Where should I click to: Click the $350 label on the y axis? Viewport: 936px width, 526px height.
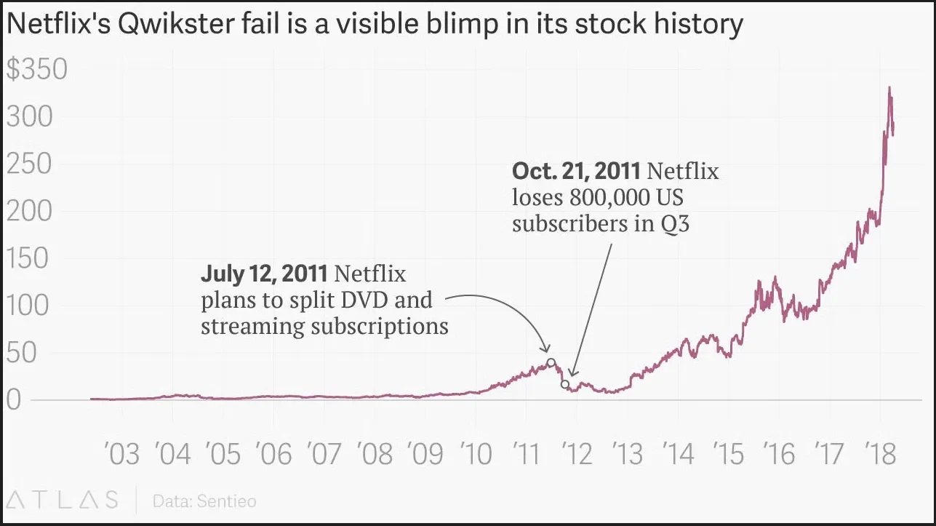point(36,71)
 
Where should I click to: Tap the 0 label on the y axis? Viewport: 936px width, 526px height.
point(14,401)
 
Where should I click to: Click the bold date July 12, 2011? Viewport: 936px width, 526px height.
point(264,275)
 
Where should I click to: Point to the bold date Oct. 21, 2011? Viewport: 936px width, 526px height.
point(576,172)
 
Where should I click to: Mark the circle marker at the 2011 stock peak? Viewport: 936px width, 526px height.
point(551,362)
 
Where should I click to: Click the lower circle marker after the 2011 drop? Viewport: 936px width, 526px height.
point(565,383)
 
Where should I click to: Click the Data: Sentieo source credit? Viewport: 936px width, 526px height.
point(204,501)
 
